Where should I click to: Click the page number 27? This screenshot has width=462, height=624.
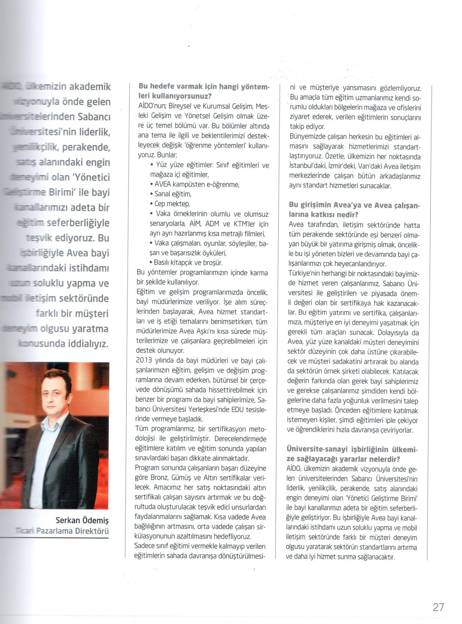(438, 607)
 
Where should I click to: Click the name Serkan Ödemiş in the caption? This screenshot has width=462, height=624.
(82, 520)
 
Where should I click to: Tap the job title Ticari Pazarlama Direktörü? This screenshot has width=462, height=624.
(62, 531)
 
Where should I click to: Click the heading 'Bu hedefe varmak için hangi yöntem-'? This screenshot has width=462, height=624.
(204, 87)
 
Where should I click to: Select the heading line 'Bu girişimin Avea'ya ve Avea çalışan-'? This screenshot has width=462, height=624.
(354, 205)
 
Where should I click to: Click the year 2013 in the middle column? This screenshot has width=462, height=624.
(144, 361)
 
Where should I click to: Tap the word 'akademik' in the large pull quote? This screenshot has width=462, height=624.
(90, 87)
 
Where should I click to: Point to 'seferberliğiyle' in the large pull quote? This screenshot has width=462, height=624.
(78, 223)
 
